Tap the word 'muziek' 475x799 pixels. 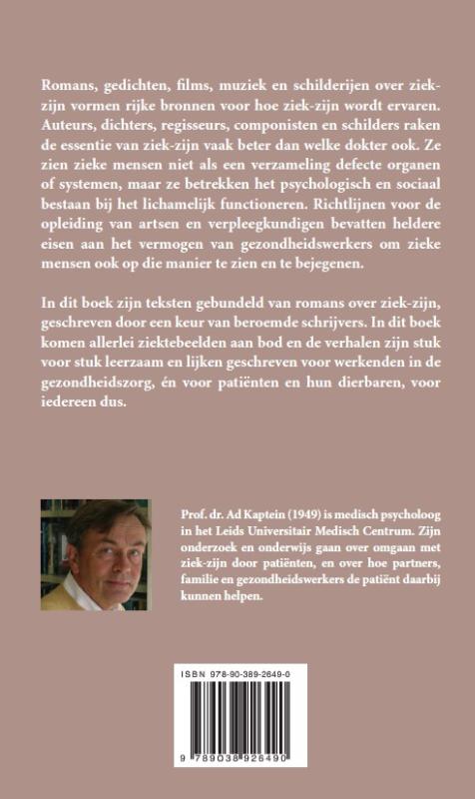[x=237, y=80]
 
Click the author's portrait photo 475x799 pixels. [x=96, y=554]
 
